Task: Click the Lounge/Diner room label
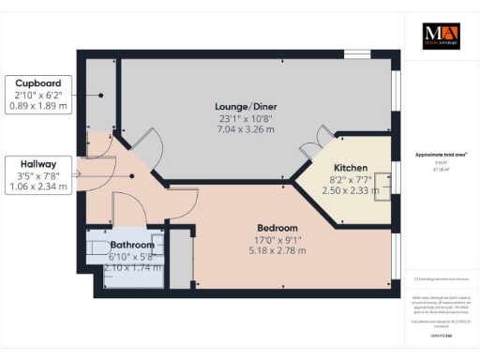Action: click(242, 106)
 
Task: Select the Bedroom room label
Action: click(277, 228)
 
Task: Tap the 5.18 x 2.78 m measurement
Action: click(277, 250)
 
